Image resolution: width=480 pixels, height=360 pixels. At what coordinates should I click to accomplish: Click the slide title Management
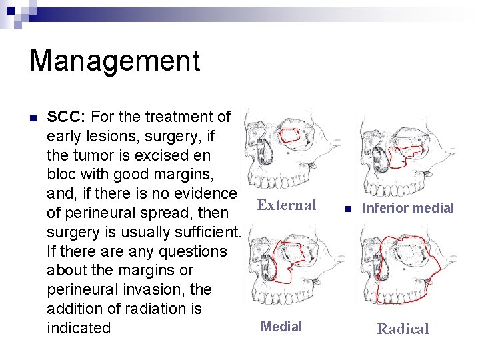(x=115, y=61)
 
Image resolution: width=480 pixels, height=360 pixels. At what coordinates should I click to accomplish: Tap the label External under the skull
(x=287, y=205)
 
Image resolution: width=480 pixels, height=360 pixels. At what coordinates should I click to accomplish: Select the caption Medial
(x=281, y=327)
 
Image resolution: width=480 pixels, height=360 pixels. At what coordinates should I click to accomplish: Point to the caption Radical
(x=403, y=329)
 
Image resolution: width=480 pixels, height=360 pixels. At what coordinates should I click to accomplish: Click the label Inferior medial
(x=407, y=208)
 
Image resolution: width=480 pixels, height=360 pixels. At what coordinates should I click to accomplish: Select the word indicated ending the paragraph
(x=79, y=328)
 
